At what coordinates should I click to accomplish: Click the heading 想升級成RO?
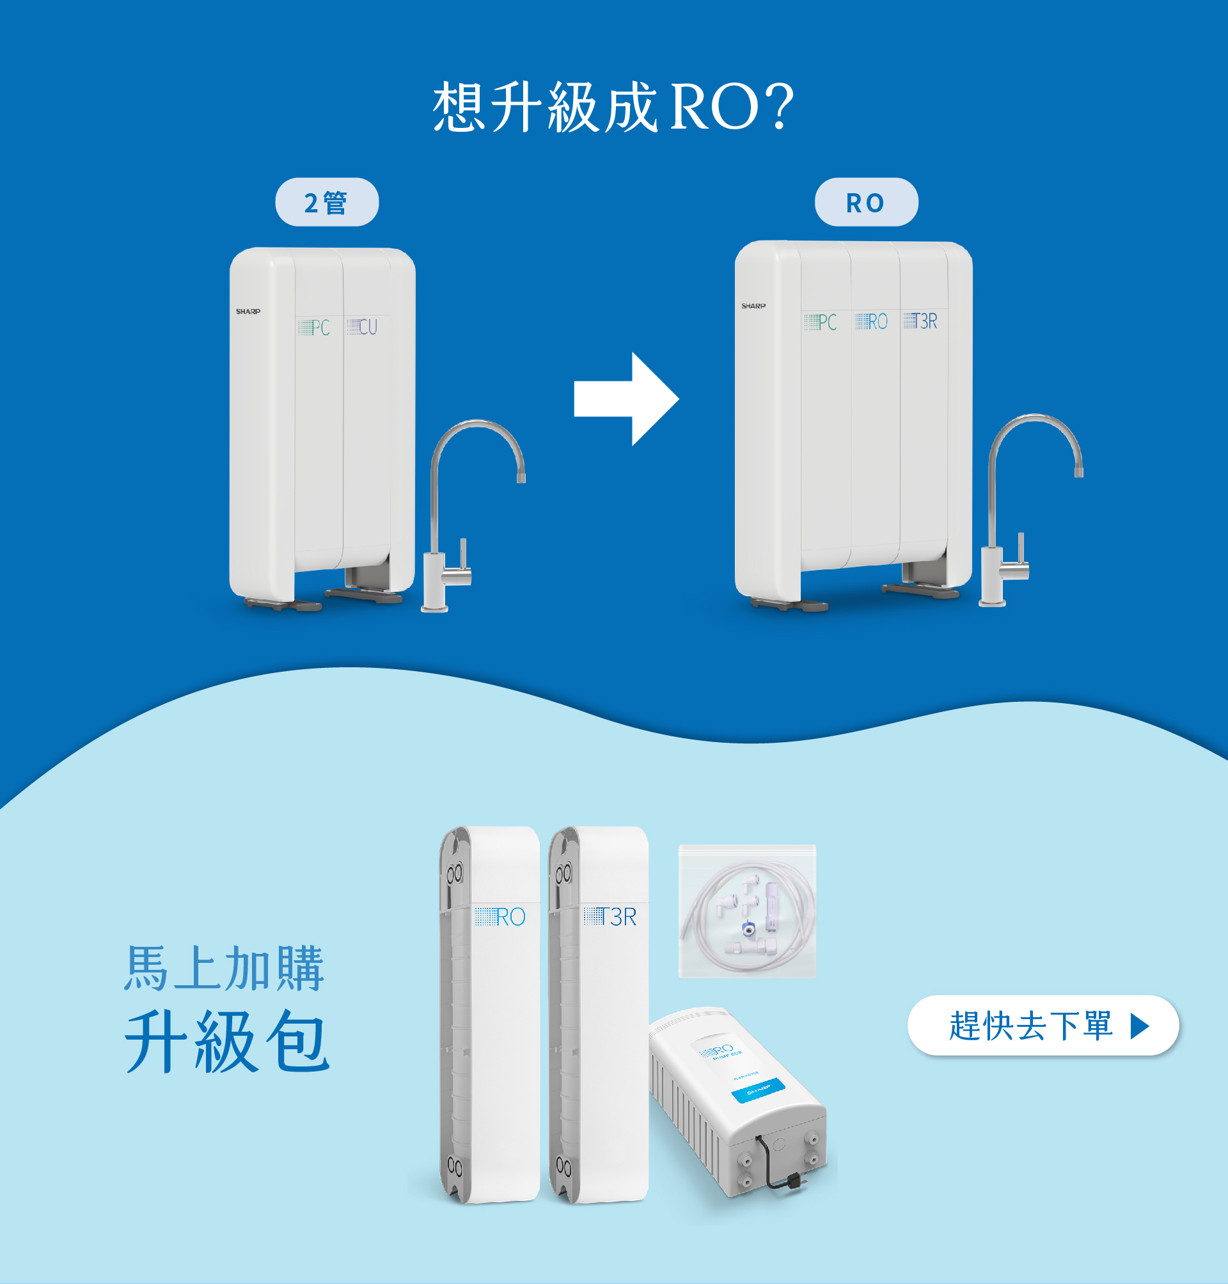point(613,107)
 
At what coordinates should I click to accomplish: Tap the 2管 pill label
point(327,202)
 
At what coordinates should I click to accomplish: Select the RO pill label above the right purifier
point(865,202)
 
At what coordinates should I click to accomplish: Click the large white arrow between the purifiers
point(626,399)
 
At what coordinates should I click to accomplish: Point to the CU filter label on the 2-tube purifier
point(363,327)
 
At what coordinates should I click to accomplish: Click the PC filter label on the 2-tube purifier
point(314,328)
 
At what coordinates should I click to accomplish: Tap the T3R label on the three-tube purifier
point(920,321)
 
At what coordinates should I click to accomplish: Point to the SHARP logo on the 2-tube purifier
point(248,312)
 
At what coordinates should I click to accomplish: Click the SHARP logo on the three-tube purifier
point(753,306)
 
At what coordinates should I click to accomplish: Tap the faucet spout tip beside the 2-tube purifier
point(521,476)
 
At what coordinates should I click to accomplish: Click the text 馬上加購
point(224,968)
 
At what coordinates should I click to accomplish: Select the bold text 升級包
point(226,1041)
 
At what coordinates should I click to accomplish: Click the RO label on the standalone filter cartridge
point(501,917)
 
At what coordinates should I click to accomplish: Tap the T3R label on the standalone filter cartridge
point(610,917)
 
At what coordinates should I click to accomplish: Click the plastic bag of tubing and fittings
point(747,912)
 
